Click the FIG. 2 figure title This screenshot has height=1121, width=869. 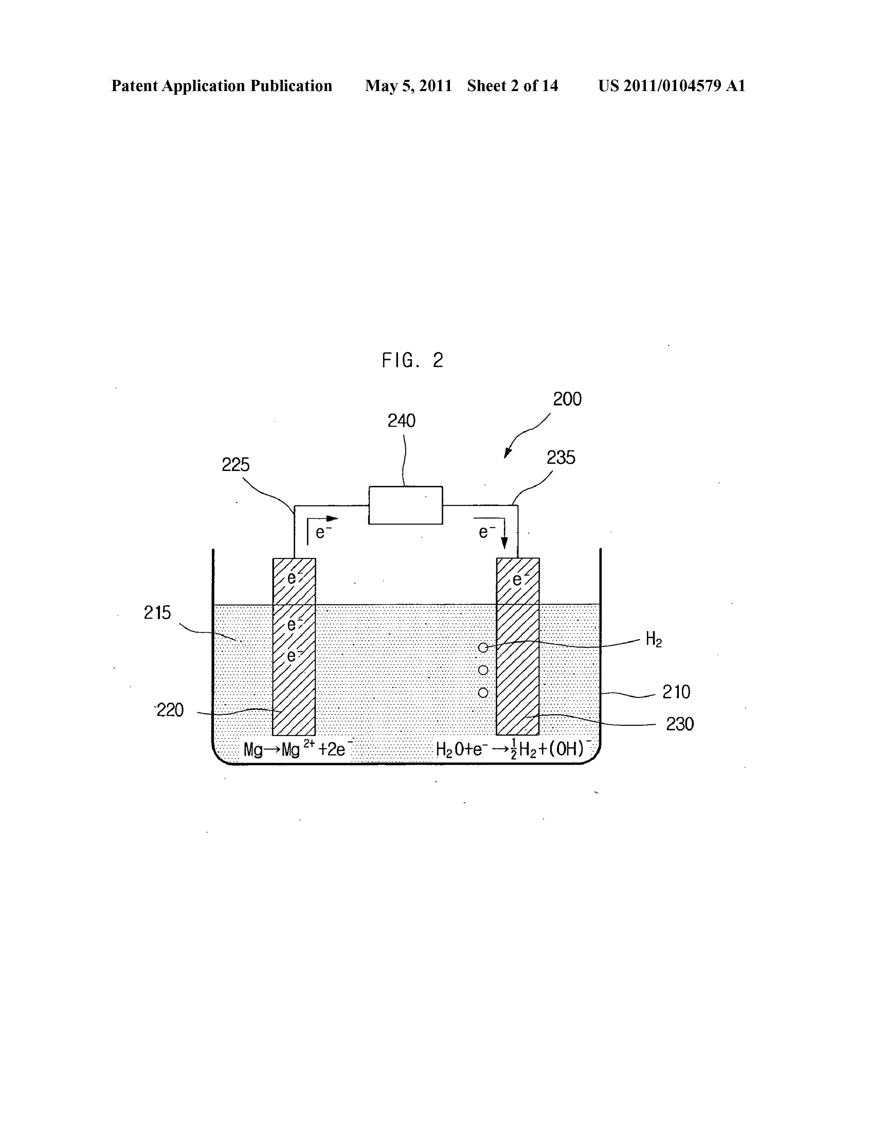(x=412, y=360)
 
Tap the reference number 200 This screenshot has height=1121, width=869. (x=567, y=399)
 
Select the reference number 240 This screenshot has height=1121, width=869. (x=401, y=421)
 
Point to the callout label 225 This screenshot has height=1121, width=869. (x=236, y=465)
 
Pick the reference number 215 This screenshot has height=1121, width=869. (x=157, y=613)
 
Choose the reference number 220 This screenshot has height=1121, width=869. (x=170, y=710)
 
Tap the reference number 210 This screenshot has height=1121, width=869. (x=676, y=692)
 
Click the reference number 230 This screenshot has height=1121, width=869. (x=680, y=724)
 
